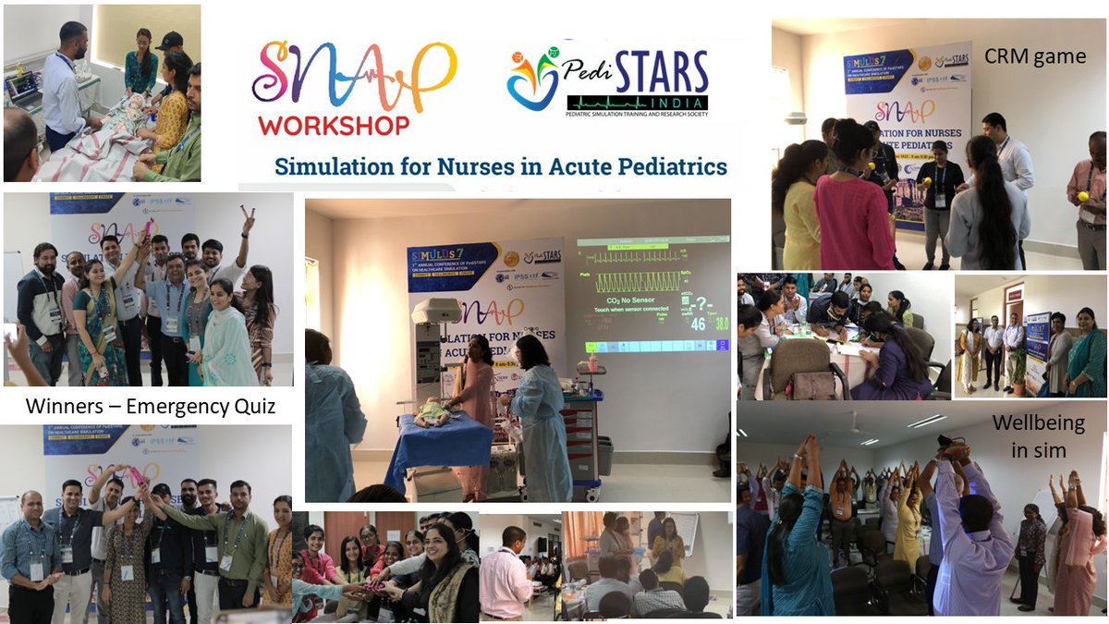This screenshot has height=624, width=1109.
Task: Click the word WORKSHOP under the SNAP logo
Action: click(x=334, y=125)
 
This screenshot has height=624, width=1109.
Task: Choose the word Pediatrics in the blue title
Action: click(x=673, y=168)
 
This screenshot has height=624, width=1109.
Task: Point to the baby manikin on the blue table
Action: click(x=433, y=413)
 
